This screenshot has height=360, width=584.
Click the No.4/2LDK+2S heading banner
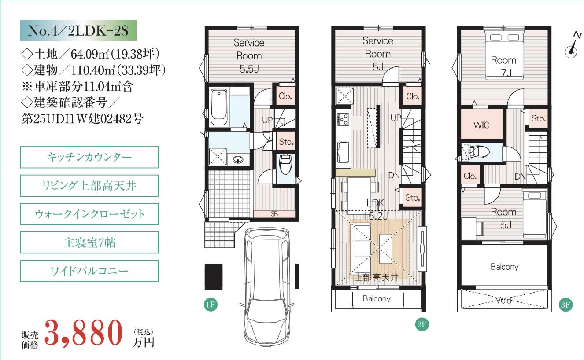[78, 30]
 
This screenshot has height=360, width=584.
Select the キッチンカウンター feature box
[89, 157]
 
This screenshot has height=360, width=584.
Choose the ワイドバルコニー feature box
[89, 271]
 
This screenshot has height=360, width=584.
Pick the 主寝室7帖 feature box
[89, 242]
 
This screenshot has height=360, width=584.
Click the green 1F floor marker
[211, 305]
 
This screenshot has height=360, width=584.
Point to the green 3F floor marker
[566, 305]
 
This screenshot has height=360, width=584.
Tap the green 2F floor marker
[421, 324]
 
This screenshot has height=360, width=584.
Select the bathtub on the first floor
[219, 107]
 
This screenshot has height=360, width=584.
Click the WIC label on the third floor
[481, 125]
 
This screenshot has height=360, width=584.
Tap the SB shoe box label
[274, 214]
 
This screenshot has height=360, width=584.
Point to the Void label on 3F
[503, 301]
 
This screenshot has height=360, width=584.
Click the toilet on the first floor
[285, 165]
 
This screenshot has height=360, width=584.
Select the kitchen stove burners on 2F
[343, 119]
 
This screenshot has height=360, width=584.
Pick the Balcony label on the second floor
[377, 298]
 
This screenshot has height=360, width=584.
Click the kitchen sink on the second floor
[343, 152]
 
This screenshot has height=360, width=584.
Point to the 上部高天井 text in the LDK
[377, 278]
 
